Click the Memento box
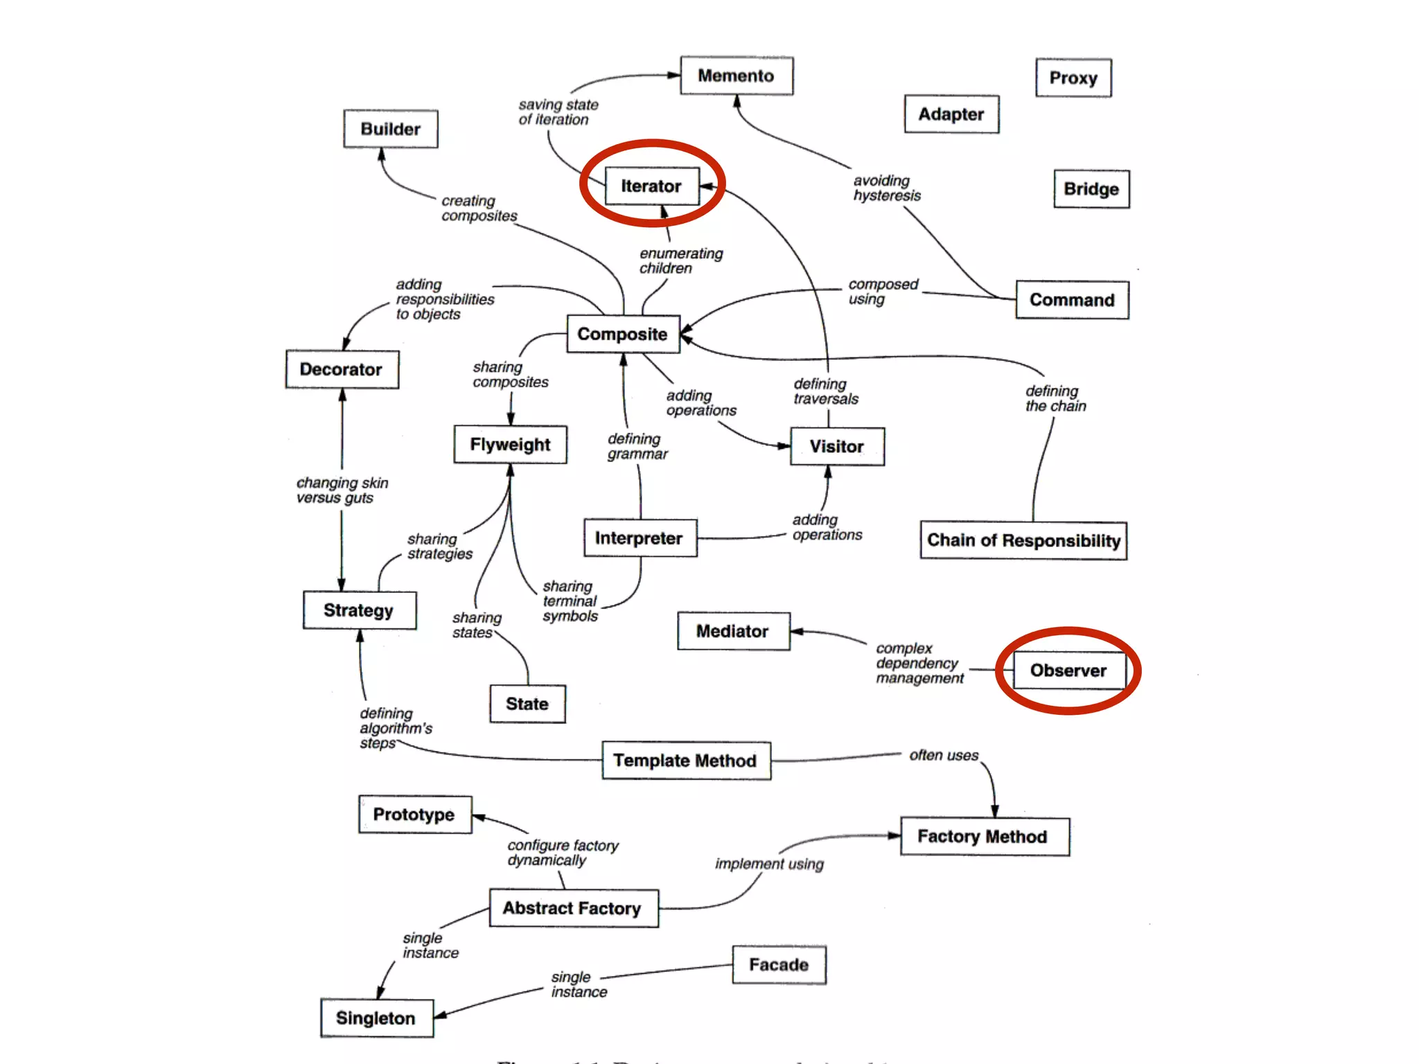tap(736, 76)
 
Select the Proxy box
tap(1073, 78)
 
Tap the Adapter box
tap(951, 114)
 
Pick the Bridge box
tap(1091, 189)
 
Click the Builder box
tap(391, 129)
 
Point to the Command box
tap(1072, 300)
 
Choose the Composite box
tap(623, 334)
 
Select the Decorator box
tap(342, 369)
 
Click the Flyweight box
tap(510, 445)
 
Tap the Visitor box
tap(837, 447)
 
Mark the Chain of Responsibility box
tap(1023, 540)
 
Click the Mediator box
tap(733, 631)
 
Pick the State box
tap(527, 704)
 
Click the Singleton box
tap(376, 1018)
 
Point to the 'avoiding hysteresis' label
tap(887, 188)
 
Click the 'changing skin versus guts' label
tap(342, 490)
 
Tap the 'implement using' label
tap(769, 864)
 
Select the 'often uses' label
tap(944, 755)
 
